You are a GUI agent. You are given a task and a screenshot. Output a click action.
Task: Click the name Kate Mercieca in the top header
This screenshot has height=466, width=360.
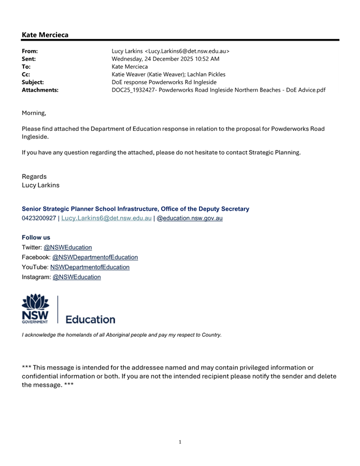click(45, 35)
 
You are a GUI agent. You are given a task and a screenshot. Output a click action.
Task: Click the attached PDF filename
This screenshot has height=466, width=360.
click(218, 90)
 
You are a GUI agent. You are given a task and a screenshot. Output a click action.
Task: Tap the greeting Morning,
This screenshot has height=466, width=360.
click(34, 113)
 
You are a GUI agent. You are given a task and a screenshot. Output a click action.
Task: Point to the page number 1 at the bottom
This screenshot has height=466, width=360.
click(180, 442)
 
